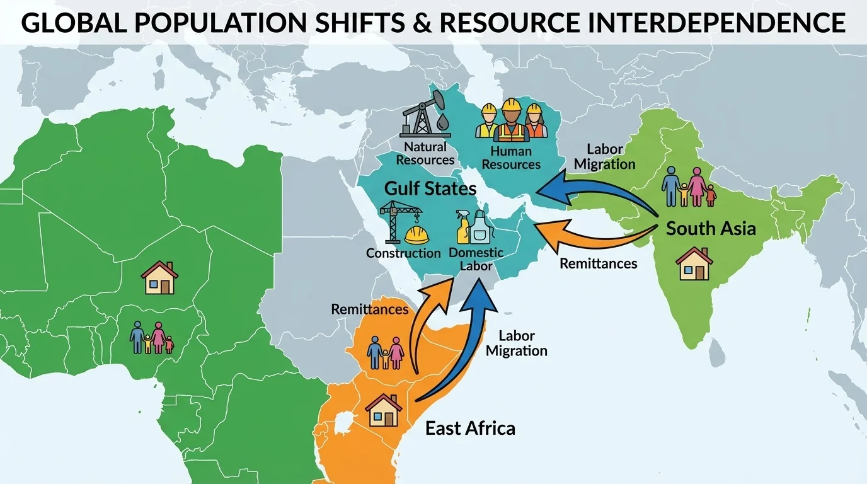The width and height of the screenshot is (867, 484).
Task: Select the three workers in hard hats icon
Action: (511, 121)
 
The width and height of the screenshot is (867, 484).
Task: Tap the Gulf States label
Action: (430, 188)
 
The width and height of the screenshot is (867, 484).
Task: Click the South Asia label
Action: (711, 228)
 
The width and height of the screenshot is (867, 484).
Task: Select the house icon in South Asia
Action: (694, 263)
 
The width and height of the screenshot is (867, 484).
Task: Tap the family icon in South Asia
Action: (689, 187)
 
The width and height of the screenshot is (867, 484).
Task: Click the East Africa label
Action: (470, 429)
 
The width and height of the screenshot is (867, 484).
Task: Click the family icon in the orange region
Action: (385, 352)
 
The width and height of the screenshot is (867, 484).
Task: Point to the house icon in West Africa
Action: (159, 278)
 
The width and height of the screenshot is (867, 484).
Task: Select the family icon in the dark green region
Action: (151, 338)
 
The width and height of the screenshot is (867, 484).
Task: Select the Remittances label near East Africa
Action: (370, 309)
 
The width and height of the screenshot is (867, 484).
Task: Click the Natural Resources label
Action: (425, 153)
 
